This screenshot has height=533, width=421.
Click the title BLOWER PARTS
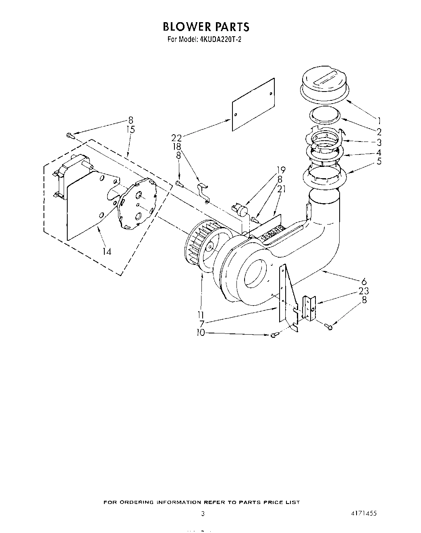(x=206, y=27)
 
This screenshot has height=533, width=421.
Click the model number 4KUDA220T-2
(x=220, y=40)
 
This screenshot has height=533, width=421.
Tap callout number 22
(x=176, y=138)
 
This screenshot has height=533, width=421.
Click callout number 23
(x=363, y=291)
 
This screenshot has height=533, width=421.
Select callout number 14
(x=106, y=252)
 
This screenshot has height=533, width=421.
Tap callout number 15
(x=130, y=130)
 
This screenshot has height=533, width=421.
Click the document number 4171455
(x=363, y=514)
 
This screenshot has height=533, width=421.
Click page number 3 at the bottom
(x=203, y=514)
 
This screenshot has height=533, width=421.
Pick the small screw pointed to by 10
(x=274, y=335)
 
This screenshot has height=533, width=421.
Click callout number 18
(x=176, y=147)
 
